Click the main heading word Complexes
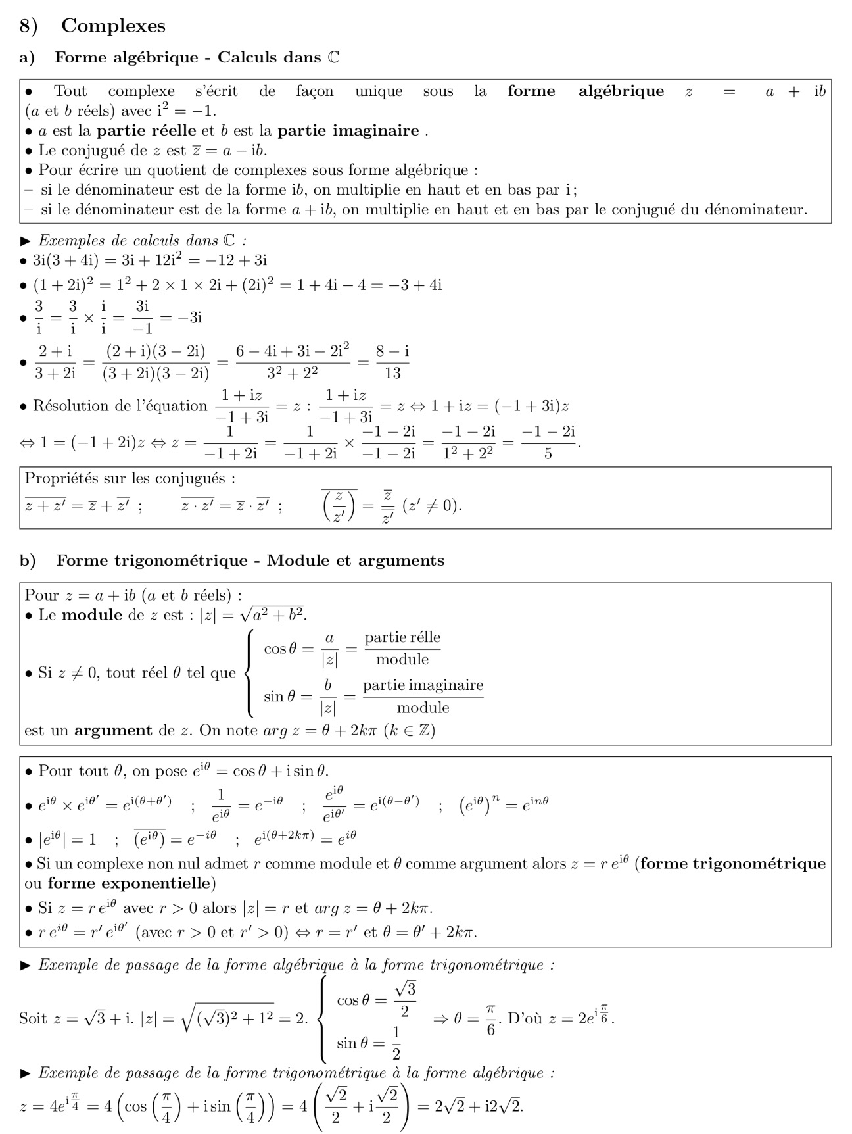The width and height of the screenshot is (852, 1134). pos(113,26)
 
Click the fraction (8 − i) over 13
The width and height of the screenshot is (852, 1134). pos(392,362)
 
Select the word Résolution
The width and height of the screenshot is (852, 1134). pos(72,406)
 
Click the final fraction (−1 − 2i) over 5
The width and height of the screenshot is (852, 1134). pos(548,442)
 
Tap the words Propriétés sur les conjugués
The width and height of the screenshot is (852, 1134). pos(130,478)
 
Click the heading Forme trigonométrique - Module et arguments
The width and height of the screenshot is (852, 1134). pos(250,560)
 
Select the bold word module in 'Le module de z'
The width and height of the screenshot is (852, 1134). pos(92,615)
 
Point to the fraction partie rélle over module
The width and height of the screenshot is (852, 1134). pos(402,649)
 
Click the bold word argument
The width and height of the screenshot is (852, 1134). pos(113,730)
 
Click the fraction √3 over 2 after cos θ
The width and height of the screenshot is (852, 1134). pos(405,1000)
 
